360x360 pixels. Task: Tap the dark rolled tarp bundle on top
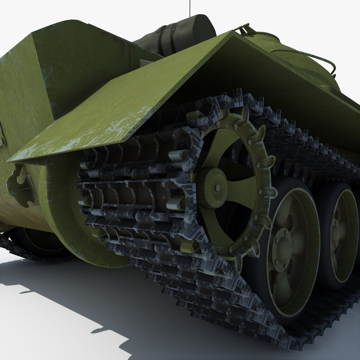(x=177, y=35)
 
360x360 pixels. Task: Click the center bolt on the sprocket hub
(x=217, y=188)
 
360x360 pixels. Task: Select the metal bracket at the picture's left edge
(x=2, y=137)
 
